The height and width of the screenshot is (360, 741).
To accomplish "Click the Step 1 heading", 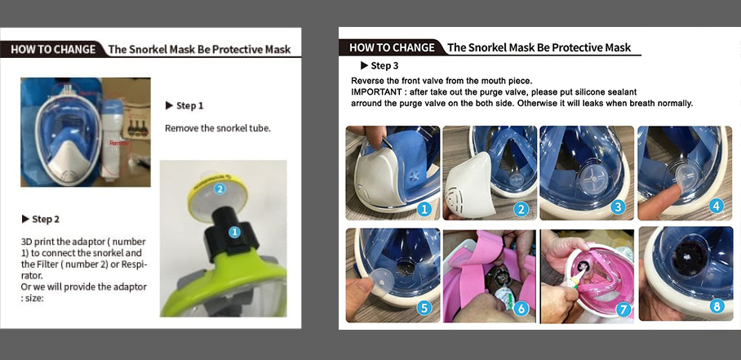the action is [x=184, y=106].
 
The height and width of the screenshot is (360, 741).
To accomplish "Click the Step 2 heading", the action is [x=41, y=220].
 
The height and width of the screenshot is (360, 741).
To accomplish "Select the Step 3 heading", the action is [x=379, y=65].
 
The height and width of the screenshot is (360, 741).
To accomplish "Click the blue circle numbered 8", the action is [x=717, y=307].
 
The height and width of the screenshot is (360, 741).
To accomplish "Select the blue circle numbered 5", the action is [x=424, y=309].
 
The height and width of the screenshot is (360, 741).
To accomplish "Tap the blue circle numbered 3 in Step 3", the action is [x=618, y=207].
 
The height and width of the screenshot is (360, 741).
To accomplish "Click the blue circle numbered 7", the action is [x=623, y=309].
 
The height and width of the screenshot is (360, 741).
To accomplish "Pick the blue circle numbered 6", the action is [x=521, y=309].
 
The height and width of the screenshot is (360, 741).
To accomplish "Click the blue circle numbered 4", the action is [x=717, y=206].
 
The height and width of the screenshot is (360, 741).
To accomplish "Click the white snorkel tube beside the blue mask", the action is [x=113, y=139].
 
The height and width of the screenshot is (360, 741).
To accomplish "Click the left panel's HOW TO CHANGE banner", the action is [x=53, y=50].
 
